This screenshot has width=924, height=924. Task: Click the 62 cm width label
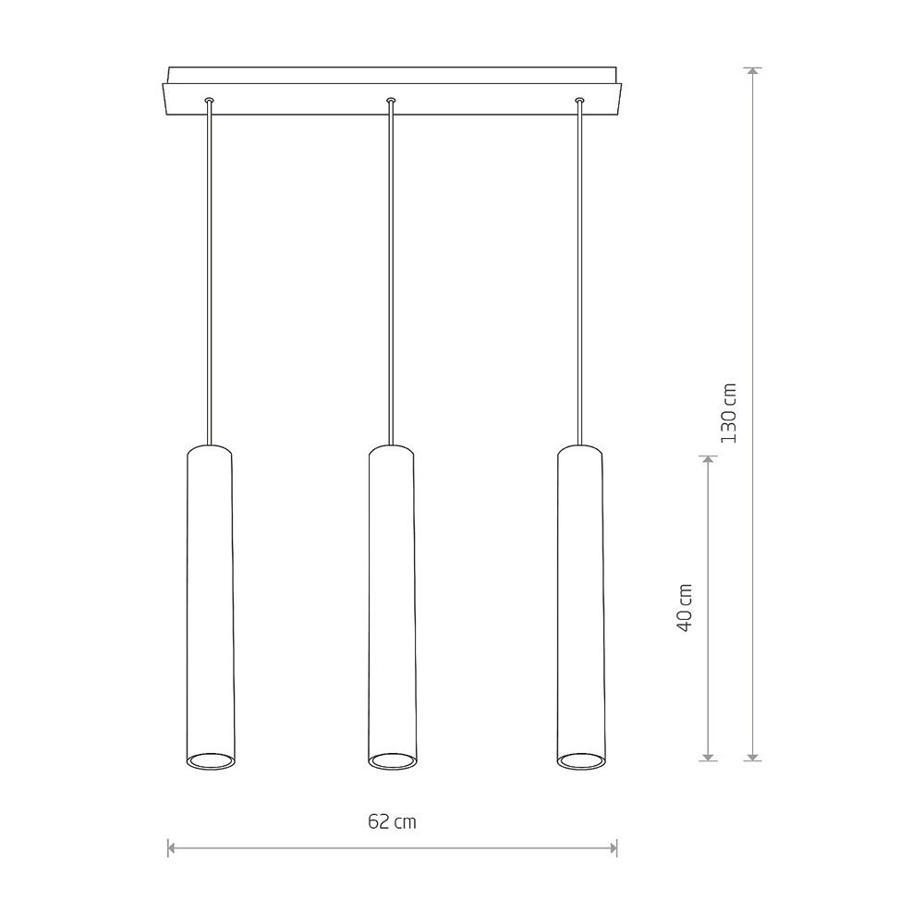point(392,821)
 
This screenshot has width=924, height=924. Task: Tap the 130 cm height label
point(729,413)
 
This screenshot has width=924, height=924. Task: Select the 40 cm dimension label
point(684,608)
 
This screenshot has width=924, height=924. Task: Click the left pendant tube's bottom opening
point(211,760)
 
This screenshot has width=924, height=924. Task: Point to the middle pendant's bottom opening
point(392,760)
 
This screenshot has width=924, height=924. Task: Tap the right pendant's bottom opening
point(580,760)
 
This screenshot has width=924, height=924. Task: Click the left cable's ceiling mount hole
point(209,101)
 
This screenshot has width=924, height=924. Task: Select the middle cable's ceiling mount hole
point(391,101)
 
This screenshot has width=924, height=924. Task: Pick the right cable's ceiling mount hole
point(580,101)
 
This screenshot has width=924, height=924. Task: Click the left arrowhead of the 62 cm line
point(172,848)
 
